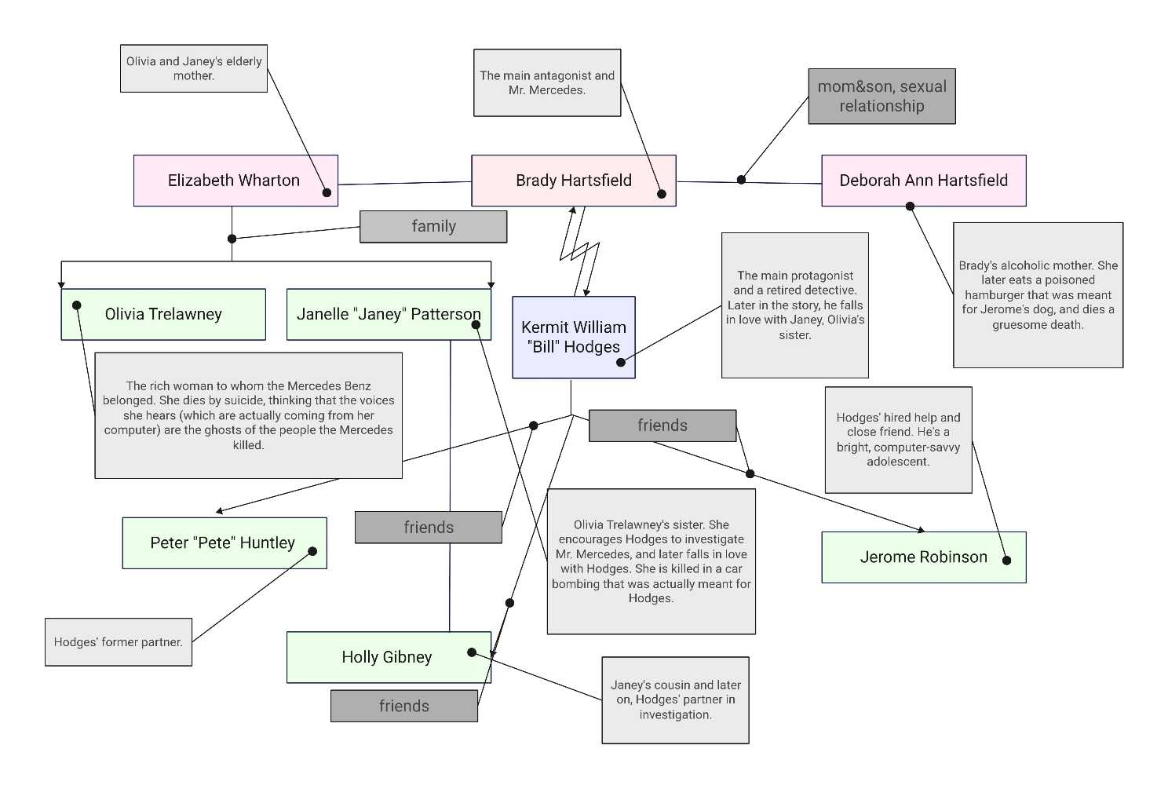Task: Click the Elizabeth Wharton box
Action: tap(235, 181)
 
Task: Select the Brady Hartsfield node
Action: tap(573, 181)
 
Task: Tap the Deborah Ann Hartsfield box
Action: tap(923, 181)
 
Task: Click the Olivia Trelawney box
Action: tap(163, 315)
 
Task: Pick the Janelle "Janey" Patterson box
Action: tap(389, 315)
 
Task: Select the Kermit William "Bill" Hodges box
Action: tap(573, 338)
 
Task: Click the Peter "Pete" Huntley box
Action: tap(223, 543)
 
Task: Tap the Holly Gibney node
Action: tap(387, 658)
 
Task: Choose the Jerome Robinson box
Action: tap(923, 557)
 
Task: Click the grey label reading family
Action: tap(433, 227)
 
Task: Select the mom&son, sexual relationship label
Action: tap(881, 97)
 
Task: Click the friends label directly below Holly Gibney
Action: tap(404, 706)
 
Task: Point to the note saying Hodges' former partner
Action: tap(119, 642)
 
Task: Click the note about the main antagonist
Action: tap(547, 83)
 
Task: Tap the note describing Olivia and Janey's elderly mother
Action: tap(194, 69)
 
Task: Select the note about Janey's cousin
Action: tap(675, 700)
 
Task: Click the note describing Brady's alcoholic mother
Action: tap(1038, 295)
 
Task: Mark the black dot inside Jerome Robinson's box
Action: tap(1006, 561)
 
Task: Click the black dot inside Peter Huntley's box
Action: tap(312, 551)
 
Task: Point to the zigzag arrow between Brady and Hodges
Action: tap(579, 251)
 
